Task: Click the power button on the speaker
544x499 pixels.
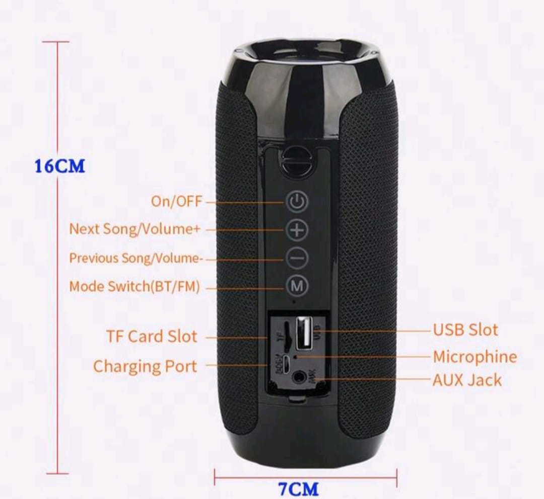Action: [297, 202]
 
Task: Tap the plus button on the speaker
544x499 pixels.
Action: [297, 230]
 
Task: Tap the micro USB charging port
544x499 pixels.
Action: [285, 364]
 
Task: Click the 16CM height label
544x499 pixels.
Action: [59, 166]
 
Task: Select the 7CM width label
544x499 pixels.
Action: [299, 488]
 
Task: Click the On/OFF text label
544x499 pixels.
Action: [176, 201]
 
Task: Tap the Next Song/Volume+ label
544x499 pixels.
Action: [134, 229]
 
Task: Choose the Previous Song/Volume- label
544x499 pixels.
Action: [136, 258]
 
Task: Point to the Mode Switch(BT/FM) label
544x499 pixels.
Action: [134, 287]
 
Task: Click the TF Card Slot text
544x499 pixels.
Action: [152, 336]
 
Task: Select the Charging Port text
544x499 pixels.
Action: [145, 366]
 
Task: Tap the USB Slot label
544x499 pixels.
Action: [465, 330]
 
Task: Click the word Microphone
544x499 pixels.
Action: [474, 357]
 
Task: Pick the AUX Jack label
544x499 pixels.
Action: [467, 380]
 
